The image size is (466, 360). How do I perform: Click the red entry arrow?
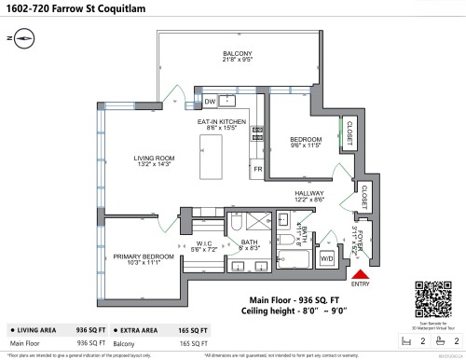point(358,273)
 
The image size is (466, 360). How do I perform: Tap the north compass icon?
point(21,38)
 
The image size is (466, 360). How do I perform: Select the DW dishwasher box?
point(211,102)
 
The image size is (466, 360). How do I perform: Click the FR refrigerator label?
point(258,170)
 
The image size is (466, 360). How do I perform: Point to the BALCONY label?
point(231,54)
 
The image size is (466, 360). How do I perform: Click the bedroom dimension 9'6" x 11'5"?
point(305,146)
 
